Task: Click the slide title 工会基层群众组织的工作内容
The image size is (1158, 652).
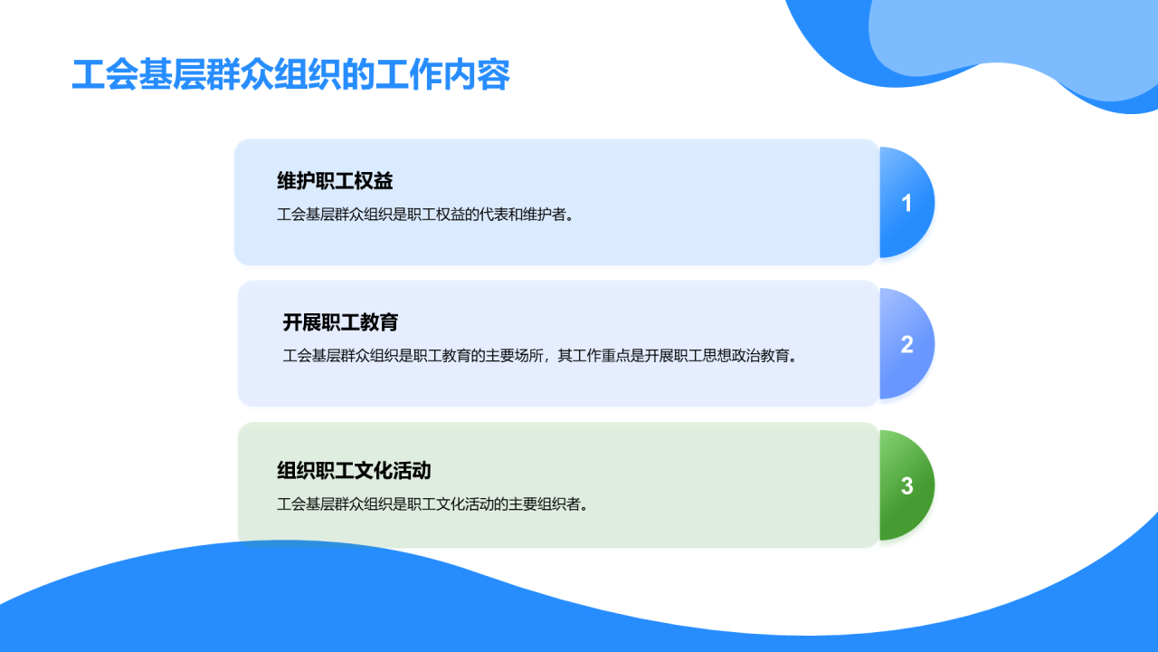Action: click(x=290, y=76)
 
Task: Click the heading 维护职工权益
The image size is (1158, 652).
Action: click(x=335, y=181)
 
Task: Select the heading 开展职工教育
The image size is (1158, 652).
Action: click(x=340, y=322)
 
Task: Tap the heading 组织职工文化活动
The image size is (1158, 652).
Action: click(x=354, y=471)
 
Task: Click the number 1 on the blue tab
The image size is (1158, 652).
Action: click(x=906, y=203)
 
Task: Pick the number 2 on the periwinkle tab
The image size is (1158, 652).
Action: click(x=906, y=344)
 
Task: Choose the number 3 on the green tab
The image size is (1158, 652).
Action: click(x=906, y=486)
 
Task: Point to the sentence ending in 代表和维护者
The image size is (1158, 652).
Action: click(x=425, y=215)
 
